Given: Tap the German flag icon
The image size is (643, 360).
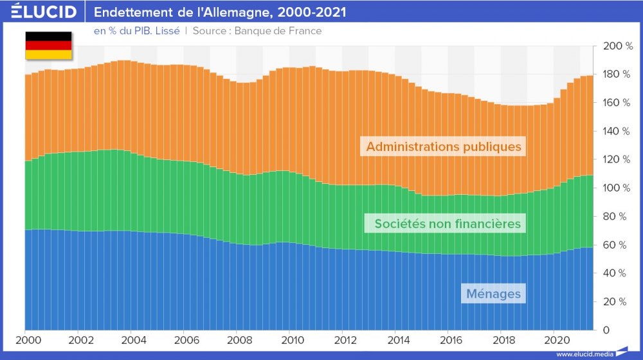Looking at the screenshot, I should [x=48, y=45].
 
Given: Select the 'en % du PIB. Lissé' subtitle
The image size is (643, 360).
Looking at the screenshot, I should [x=137, y=30].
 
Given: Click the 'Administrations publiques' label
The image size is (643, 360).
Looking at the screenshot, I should [x=443, y=147].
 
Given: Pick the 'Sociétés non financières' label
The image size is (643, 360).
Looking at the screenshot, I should [x=443, y=224].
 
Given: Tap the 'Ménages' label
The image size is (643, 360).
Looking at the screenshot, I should [x=493, y=294].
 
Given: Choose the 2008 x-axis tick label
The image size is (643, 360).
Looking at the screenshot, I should [x=237, y=340].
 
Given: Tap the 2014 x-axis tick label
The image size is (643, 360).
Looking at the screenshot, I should [x=396, y=340].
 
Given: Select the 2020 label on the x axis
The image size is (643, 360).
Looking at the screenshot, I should [x=555, y=340].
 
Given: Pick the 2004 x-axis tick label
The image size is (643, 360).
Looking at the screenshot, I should [x=132, y=340].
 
